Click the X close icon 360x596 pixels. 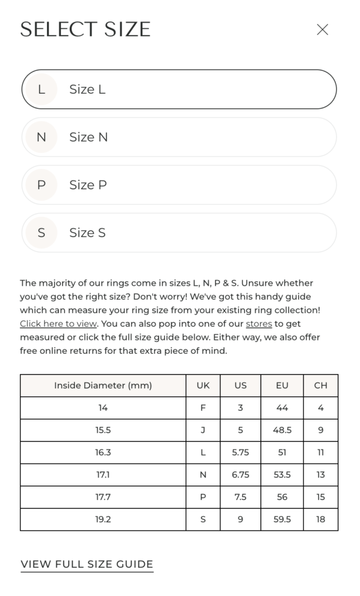322,30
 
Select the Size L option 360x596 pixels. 179,89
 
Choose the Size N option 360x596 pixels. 179,137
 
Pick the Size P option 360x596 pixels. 179,185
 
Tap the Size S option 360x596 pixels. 179,233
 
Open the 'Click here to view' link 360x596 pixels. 58,324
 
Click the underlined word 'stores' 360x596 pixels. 259,324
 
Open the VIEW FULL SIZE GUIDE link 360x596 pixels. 87,564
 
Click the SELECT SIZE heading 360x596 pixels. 85,30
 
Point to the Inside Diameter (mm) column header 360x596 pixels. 103,385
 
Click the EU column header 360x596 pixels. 282,385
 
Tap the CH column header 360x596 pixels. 320,385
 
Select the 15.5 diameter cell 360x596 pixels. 103,430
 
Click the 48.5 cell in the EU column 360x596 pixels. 282,430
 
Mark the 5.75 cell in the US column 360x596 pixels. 240,452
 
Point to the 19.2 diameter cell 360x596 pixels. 103,519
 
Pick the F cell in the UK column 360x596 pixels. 203,408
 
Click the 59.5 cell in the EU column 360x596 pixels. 282,519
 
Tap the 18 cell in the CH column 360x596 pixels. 320,519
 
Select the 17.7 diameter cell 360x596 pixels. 103,497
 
